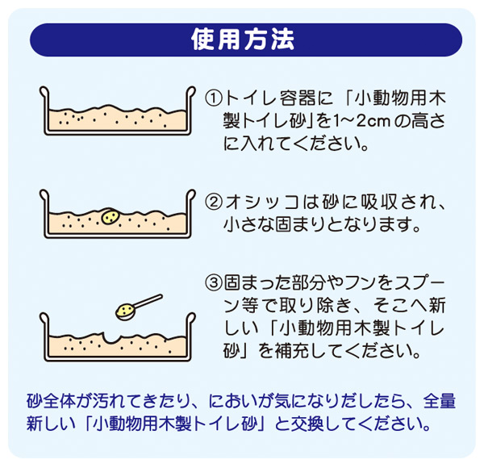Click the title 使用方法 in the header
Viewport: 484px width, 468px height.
tap(243, 40)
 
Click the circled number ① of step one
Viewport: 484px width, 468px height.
tap(214, 98)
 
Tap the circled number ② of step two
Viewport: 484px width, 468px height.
tap(214, 202)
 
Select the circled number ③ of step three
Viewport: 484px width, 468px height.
tap(214, 282)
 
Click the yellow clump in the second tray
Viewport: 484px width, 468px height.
tap(111, 216)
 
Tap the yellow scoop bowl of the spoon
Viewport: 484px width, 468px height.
tap(125, 312)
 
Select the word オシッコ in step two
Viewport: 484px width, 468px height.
tap(261, 203)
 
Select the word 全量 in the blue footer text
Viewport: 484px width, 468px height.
tap(440, 401)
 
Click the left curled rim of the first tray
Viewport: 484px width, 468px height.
tap(44, 92)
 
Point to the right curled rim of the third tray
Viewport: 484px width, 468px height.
tap(191, 319)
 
